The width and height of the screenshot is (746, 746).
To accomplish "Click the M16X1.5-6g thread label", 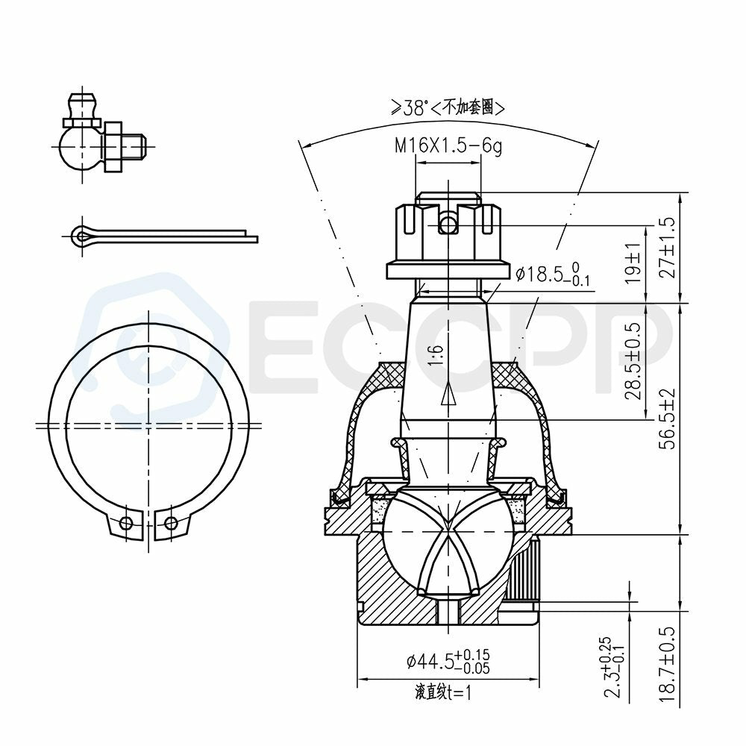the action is point(448,145).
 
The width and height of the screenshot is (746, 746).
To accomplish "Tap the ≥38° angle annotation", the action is point(409,107).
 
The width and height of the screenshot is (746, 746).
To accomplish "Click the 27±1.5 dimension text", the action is point(668,248).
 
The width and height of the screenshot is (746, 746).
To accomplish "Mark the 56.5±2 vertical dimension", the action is point(668,419).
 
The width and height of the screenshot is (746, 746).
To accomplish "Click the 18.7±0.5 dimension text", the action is point(668,664).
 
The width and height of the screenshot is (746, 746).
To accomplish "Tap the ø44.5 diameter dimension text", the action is point(448,661).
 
